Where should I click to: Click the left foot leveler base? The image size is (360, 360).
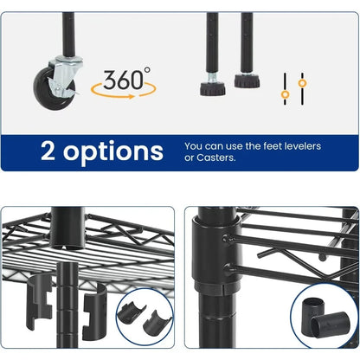tap(212, 87)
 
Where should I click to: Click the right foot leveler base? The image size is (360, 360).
tap(246, 83)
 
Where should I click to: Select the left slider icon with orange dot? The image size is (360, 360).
tap(284, 91)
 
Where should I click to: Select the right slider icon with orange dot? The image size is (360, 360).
tap(302, 85)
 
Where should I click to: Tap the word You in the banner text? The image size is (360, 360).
tap(195, 145)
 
